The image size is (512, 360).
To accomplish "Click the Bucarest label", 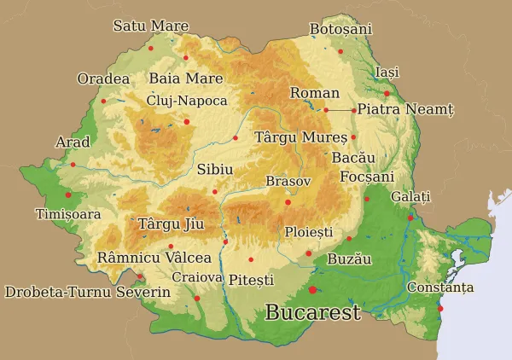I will tap(312, 312).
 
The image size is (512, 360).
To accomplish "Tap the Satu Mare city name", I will tap(151, 26).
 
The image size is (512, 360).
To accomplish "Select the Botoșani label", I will tap(340, 29).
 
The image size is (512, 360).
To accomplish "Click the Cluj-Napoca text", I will tap(187, 101).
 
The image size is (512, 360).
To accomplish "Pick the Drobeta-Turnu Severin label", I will tap(87, 292).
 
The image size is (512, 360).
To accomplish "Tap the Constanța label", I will tap(439, 287).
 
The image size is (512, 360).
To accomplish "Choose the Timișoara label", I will tap(67, 214).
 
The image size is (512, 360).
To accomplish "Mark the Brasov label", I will tap(288, 182).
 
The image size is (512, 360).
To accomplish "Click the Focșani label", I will tap(367, 177).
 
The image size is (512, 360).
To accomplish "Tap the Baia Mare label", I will tap(185, 78).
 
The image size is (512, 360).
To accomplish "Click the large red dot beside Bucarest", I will tap(313, 290).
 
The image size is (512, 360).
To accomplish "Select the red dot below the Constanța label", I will tap(440, 308).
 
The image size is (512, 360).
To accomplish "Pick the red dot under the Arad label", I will tap(73, 164).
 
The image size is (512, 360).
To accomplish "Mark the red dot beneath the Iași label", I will tap(387, 92).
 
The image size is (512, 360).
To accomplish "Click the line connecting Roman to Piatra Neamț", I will tap(340, 110).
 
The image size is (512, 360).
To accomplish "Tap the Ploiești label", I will tap(308, 231).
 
